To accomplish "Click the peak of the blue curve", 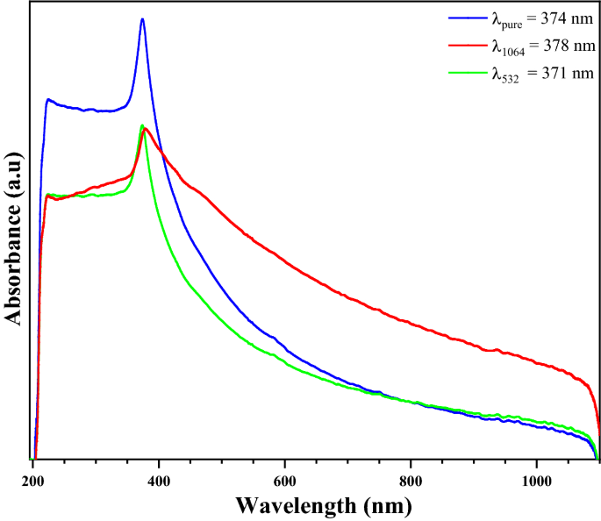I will point(142,19).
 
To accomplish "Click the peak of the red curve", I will point(146,130).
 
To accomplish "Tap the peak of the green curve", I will point(141,125).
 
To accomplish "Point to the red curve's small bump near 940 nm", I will point(497,350).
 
